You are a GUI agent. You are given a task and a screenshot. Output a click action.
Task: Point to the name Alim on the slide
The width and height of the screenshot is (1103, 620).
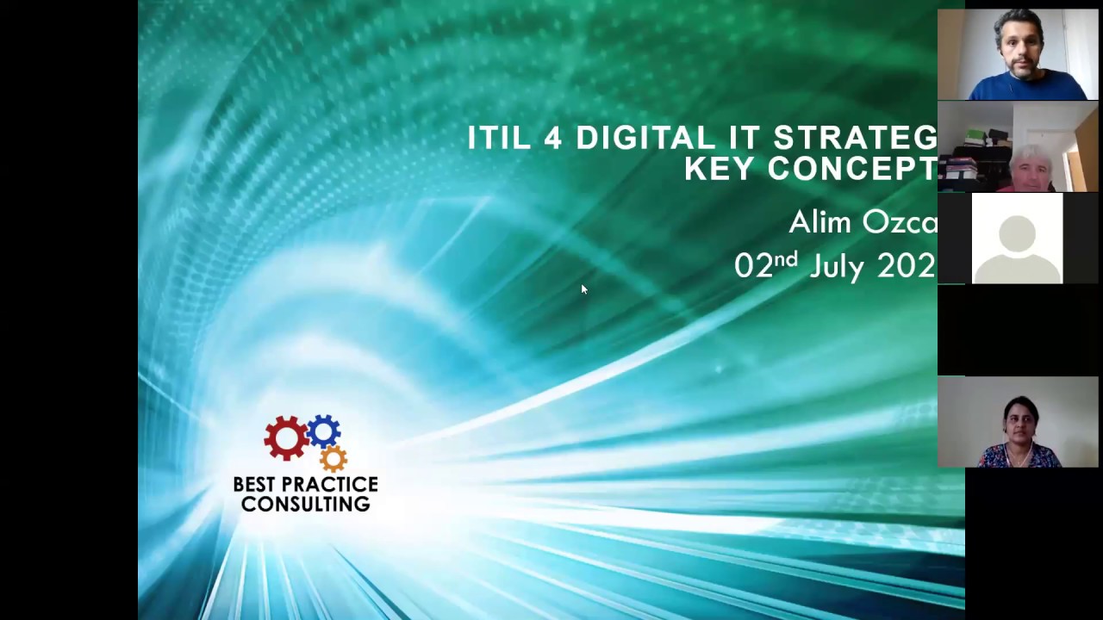pyautogui.click(x=819, y=222)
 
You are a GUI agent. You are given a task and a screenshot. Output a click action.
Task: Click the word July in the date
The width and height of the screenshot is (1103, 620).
pyautogui.click(x=836, y=266)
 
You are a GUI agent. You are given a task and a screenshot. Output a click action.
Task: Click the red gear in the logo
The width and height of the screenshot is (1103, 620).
pyautogui.click(x=285, y=437)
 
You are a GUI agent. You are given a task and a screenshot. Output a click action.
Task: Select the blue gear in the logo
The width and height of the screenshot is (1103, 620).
pyautogui.click(x=323, y=431)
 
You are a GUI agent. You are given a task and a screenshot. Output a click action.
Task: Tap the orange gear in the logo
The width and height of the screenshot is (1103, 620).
pyautogui.click(x=333, y=457)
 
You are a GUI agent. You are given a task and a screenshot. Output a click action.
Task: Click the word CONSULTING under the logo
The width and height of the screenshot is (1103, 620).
pyautogui.click(x=305, y=505)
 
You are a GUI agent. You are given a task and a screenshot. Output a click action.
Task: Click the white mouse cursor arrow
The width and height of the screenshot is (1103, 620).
pyautogui.click(x=583, y=289)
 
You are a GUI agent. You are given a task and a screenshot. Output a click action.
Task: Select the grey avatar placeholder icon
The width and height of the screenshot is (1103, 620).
pyautogui.click(x=1017, y=239)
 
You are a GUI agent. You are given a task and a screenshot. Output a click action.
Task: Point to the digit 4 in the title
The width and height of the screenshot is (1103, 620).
pyautogui.click(x=552, y=138)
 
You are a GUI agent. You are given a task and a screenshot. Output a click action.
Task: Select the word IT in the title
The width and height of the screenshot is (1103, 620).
pyautogui.click(x=745, y=138)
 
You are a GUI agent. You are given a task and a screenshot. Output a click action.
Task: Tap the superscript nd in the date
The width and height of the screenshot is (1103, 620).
pyautogui.click(x=787, y=258)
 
